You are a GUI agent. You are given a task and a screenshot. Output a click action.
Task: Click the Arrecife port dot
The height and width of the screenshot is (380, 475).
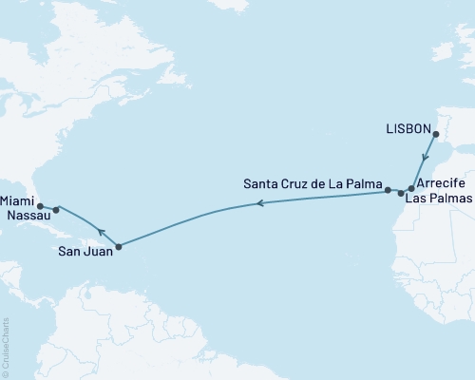(x=410, y=189)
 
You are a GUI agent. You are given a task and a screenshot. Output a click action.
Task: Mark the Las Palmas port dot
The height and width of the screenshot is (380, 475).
(x=401, y=194)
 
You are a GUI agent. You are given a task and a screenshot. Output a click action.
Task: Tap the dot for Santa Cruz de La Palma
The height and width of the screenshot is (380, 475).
(x=388, y=191)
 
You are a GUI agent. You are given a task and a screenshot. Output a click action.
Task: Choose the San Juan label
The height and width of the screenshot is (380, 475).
(x=84, y=252)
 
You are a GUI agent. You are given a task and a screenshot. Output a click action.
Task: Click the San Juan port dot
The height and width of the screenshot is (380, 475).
(x=118, y=248)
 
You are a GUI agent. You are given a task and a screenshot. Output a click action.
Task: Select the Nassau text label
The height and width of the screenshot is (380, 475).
(x=23, y=217)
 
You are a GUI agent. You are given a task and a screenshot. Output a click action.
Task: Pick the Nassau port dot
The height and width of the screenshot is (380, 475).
(x=56, y=209)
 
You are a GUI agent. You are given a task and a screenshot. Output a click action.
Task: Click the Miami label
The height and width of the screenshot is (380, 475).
(x=19, y=200)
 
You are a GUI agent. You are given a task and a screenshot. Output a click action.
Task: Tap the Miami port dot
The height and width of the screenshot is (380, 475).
(x=39, y=205)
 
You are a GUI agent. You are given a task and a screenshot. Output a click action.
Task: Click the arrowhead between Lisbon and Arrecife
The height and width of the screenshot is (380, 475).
(x=425, y=161)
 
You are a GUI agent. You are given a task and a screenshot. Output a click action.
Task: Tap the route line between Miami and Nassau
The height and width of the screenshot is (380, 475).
(x=47, y=207)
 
